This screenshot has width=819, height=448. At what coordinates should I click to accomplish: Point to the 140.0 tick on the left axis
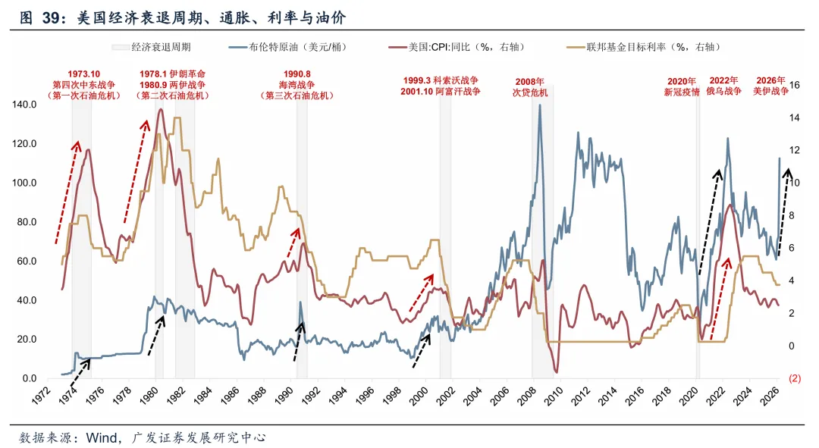[22, 105]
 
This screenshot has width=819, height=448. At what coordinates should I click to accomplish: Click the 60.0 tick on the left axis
[24, 261]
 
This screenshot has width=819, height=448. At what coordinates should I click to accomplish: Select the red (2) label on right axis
[795, 378]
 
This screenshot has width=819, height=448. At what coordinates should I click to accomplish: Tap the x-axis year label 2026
[773, 393]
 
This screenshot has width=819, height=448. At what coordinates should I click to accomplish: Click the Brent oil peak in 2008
[539, 105]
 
